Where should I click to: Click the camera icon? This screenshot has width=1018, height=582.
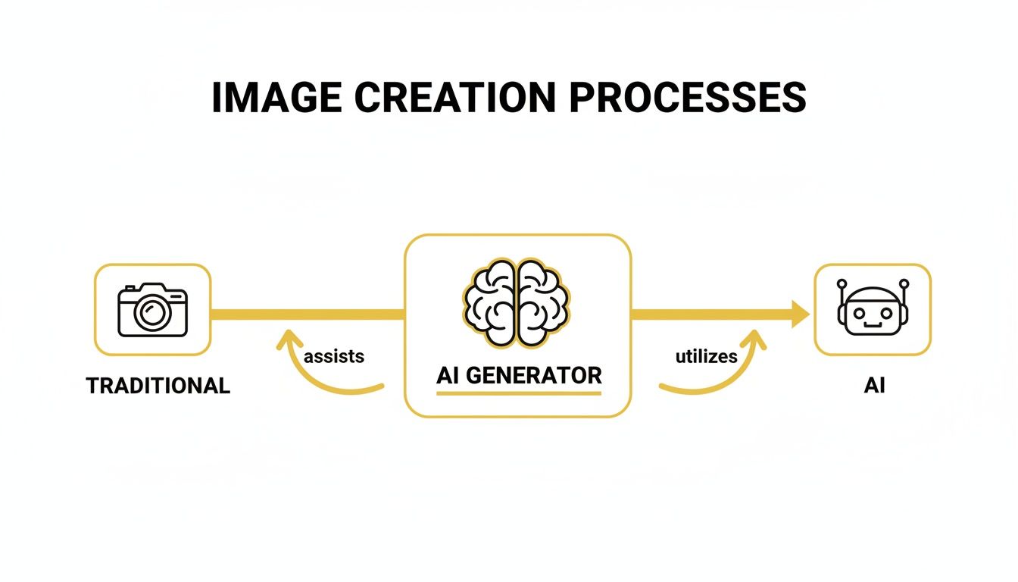pyautogui.click(x=152, y=309)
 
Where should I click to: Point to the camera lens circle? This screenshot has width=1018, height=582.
pyautogui.click(x=153, y=312)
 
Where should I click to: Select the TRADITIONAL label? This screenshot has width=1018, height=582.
pyautogui.click(x=158, y=386)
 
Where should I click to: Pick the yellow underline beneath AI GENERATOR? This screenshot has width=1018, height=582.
pyautogui.click(x=519, y=393)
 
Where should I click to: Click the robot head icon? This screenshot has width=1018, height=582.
pyautogui.click(x=872, y=310)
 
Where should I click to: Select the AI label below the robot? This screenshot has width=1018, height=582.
pyautogui.click(x=874, y=386)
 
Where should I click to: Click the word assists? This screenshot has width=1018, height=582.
pyautogui.click(x=334, y=355)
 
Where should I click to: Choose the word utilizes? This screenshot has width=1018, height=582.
pyautogui.click(x=706, y=355)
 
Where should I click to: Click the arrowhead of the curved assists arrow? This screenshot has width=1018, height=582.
pyautogui.click(x=286, y=340)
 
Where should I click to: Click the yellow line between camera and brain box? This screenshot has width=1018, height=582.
pyautogui.click(x=307, y=313)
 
